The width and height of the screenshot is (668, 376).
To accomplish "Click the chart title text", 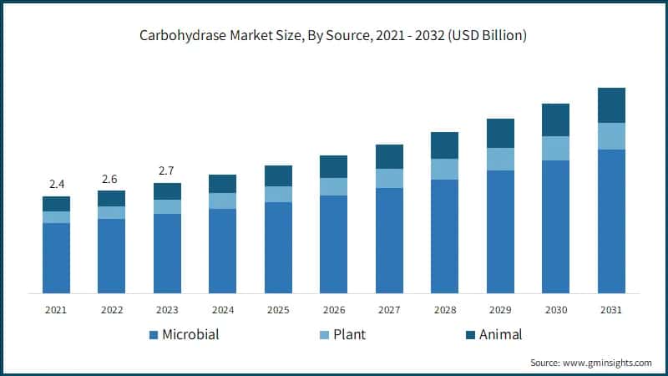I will [334, 36].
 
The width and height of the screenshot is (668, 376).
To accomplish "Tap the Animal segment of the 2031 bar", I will [611, 105].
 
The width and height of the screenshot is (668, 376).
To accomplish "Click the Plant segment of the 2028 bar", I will [444, 169].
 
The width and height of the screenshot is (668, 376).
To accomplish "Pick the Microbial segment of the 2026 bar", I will [333, 244].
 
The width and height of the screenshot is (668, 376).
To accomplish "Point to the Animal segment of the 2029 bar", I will [500, 133].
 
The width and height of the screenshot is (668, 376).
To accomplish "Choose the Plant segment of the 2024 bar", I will [222, 201].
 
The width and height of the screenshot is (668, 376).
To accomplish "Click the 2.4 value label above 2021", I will [56, 184].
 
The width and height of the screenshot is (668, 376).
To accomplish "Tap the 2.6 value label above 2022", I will [111, 178].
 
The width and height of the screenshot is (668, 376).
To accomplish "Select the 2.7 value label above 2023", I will [167, 171].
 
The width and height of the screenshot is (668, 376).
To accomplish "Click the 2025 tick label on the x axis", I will [278, 310].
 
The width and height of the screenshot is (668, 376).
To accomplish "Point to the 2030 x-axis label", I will [555, 310].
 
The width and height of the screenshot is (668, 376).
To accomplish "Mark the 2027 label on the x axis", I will [389, 310].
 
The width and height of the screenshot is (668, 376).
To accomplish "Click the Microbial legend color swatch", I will [154, 335].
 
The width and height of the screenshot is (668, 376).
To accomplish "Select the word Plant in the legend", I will [349, 335].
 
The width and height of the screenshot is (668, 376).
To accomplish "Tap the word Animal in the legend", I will [500, 335].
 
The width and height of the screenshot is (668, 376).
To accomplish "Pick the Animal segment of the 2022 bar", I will [111, 198].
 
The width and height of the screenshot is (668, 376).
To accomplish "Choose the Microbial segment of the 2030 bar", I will [555, 226].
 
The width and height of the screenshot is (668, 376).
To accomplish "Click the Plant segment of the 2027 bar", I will [389, 178].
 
